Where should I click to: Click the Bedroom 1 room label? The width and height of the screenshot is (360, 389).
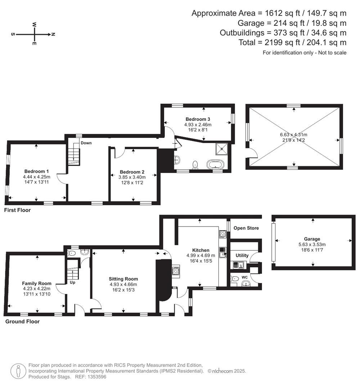click(x=37, y=171)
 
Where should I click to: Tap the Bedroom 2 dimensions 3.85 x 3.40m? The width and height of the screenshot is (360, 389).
click(x=132, y=177)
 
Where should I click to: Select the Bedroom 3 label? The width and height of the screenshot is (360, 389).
click(x=198, y=119)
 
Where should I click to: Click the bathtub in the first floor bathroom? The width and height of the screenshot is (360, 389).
click(x=215, y=165)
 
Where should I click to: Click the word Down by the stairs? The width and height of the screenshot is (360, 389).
click(x=86, y=143)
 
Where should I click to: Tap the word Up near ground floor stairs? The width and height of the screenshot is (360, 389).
click(x=72, y=283)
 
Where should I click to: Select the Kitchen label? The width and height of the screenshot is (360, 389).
click(x=201, y=250)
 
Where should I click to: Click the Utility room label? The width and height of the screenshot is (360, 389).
click(x=242, y=255)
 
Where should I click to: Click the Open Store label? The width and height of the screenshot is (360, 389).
click(x=246, y=228)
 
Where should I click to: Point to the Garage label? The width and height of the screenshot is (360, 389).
click(x=312, y=239)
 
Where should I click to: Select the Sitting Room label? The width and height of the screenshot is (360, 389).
click(x=123, y=279)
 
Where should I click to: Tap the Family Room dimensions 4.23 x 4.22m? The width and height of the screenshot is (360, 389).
click(x=37, y=289)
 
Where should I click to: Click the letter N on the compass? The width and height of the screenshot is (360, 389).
click(x=53, y=35)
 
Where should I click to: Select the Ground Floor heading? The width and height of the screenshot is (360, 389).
click(x=22, y=322)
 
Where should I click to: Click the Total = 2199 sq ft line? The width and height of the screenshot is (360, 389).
click(x=292, y=43)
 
